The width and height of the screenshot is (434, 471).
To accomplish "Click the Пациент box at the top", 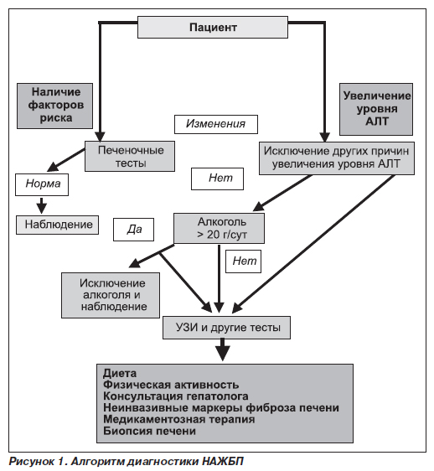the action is point(213,28).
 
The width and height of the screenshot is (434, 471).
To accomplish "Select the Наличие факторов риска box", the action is point(54,106).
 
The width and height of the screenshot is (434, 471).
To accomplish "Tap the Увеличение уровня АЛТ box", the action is point(376,109).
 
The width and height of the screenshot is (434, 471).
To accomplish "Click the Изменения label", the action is point(216,124).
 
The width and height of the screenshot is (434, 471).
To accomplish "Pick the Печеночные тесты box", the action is point(130,156).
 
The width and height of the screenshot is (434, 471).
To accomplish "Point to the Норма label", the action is point(42,184).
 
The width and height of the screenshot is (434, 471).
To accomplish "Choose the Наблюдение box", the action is point(57,225).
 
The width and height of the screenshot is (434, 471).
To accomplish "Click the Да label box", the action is point(134,230).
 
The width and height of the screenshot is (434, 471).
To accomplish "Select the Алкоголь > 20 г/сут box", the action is point(220,228).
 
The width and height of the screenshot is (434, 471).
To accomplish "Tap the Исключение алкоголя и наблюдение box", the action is point(111,295).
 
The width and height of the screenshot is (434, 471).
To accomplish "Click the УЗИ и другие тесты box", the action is point(227,328).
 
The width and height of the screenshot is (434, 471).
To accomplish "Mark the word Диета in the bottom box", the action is point(120,374).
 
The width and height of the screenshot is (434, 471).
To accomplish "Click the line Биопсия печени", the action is point(150,431).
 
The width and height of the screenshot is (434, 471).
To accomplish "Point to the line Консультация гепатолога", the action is point(176,396).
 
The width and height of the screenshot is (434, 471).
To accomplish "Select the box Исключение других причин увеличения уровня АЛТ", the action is point(337,158).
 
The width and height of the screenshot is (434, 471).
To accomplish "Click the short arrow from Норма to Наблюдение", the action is point(42,205).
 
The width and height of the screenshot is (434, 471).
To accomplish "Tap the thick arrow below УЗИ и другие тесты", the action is point(222,349).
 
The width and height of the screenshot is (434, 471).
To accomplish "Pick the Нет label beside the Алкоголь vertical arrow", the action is point(244,261).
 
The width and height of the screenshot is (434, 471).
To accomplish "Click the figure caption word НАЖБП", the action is point(223,462).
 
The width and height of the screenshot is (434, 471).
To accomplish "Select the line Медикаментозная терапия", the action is point(179,419).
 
